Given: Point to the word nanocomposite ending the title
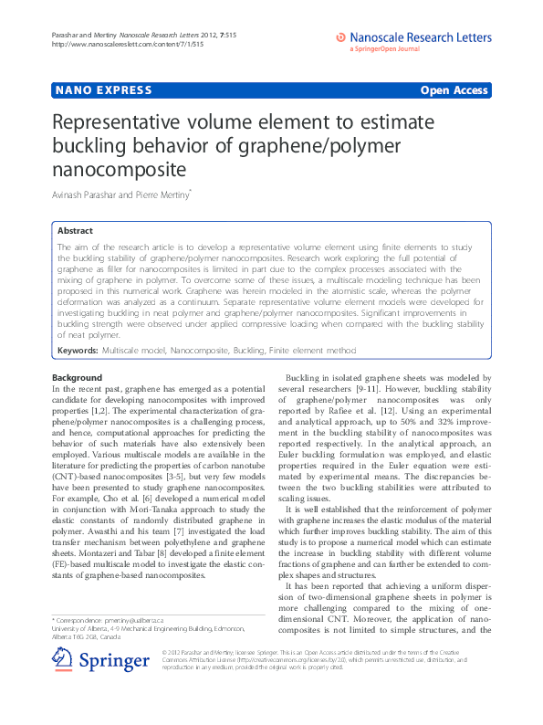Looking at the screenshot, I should (120, 169).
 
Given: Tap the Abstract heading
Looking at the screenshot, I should (75, 231).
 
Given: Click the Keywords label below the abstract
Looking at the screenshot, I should (78, 351).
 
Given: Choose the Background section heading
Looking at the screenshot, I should (77, 377).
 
